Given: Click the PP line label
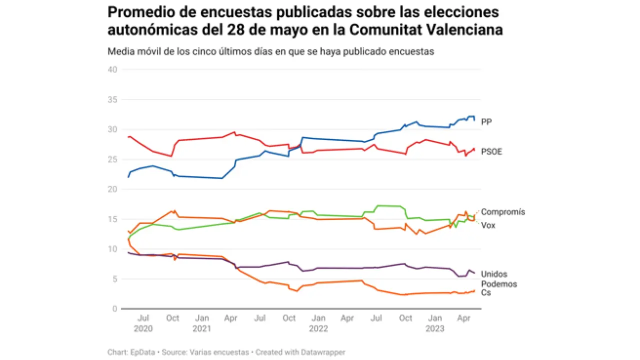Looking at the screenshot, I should point(486,121).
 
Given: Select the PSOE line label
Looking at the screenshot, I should point(491,151).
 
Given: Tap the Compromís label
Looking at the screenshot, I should point(503,212).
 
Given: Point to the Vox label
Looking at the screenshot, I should point(488,225).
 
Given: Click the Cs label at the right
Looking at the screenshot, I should point(486,292).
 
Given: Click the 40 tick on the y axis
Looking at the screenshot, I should point(112,69).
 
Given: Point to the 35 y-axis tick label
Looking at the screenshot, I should point(112,99).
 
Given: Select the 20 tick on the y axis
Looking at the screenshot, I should point(112,189).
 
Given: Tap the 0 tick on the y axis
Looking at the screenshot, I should point(114,309).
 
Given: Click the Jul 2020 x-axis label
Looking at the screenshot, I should point(143,323).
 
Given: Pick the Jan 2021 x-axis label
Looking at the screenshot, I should point(201,323).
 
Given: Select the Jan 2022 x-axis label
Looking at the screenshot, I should point(318,323).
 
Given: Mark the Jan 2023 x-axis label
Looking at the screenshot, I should point(435,323).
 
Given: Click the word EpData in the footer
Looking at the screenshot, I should point(144,352).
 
